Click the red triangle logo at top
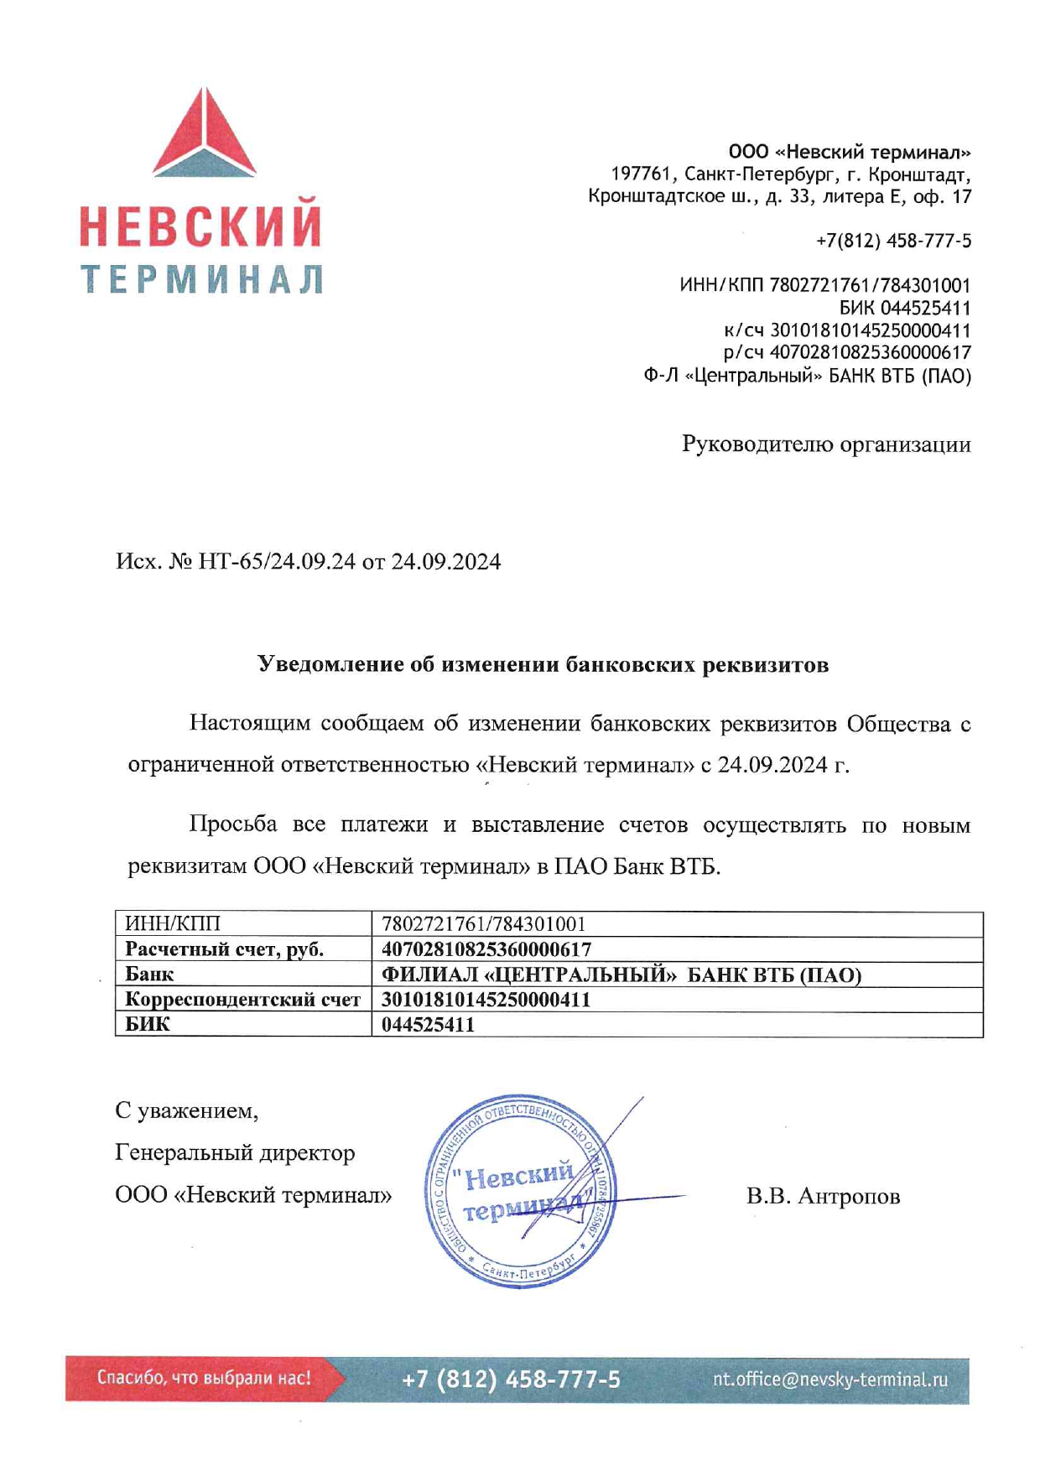(204, 134)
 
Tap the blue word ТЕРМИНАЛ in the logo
(202, 279)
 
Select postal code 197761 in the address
(641, 174)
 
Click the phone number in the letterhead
(893, 242)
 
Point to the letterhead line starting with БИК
(905, 308)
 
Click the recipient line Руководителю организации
(826, 444)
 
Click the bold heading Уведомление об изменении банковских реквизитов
(543, 665)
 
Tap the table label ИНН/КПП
(173, 924)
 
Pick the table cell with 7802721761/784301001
(484, 924)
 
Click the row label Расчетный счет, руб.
(224, 949)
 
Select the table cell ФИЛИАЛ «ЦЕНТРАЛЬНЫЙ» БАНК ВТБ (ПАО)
(621, 975)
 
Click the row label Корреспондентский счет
(242, 1000)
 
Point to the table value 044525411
(428, 1025)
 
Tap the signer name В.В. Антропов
(823, 1196)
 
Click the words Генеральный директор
(235, 1153)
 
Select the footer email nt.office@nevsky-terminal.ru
(830, 1380)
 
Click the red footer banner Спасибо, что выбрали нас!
(204, 1378)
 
